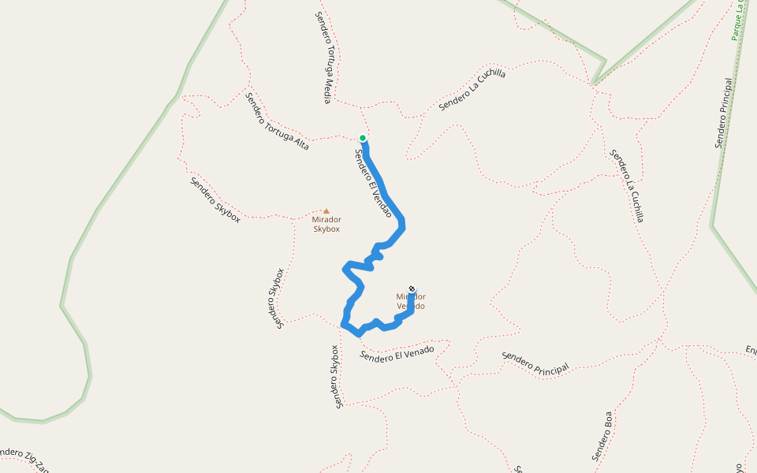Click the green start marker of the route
pyautogui.click(x=363, y=138)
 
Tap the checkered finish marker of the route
pyautogui.click(x=412, y=289)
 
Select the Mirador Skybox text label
pyautogui.click(x=326, y=225)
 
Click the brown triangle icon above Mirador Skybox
pyautogui.click(x=326, y=211)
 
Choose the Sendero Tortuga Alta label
pyautogui.click(x=277, y=121)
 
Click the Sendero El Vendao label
pyautogui.click(x=373, y=184)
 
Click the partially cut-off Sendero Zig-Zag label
pyautogui.click(x=24, y=460)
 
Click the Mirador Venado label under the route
pyautogui.click(x=410, y=301)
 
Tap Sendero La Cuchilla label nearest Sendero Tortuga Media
pyautogui.click(x=472, y=89)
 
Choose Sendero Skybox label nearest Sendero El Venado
pyautogui.click(x=336, y=377)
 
